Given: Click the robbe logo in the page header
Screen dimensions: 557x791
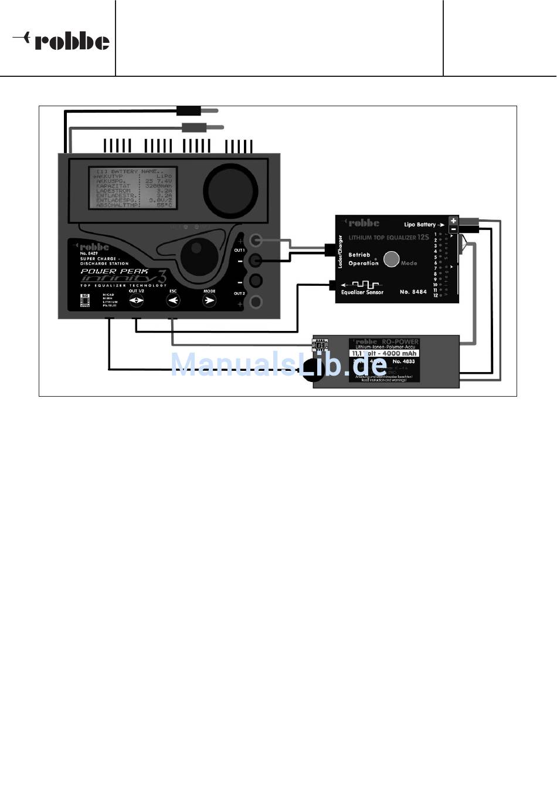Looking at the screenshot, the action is [x=62, y=41].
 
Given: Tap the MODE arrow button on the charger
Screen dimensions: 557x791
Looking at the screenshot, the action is [x=209, y=301].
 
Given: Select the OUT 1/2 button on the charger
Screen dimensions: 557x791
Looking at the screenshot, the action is [x=136, y=301].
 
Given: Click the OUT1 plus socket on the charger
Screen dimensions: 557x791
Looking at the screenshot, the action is [x=256, y=240].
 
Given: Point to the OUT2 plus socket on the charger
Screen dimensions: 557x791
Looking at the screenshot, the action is [x=256, y=302].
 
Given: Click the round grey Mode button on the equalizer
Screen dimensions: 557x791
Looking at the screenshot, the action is [x=391, y=259].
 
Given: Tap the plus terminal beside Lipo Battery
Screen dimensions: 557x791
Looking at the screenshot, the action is [x=453, y=221].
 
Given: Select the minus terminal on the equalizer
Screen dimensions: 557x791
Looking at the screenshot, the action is [x=453, y=229].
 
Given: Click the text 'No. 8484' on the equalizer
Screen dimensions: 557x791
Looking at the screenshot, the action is [x=413, y=292].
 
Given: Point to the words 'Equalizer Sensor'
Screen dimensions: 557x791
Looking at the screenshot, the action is [x=362, y=292].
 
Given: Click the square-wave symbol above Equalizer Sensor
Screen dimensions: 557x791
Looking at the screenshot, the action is [x=364, y=285].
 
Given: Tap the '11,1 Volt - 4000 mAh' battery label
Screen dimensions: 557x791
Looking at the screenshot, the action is [x=384, y=353].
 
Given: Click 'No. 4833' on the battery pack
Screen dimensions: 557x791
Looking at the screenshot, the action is [x=404, y=361].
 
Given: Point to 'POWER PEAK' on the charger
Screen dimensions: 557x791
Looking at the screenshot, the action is [x=114, y=272].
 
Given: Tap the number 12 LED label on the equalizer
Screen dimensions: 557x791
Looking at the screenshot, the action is [x=436, y=296].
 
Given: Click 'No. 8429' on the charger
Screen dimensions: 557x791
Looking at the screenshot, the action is [x=89, y=253].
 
